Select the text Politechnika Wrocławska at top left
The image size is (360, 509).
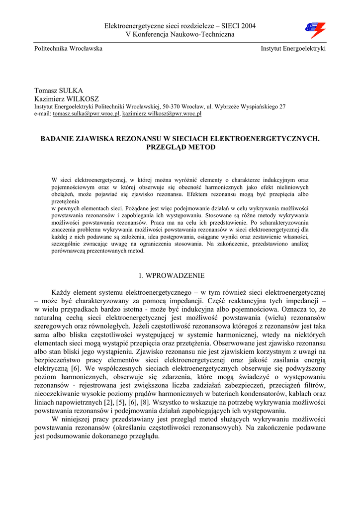[x=68, y=48]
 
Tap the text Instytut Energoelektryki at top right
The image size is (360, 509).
[x=293, y=48]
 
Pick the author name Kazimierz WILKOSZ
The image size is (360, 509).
[x=67, y=99]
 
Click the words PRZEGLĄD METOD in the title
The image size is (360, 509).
[x=180, y=147]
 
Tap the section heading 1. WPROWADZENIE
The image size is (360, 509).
[x=171, y=275]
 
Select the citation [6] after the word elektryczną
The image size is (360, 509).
[x=76, y=369]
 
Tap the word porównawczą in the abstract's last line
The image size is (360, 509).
[x=68, y=251]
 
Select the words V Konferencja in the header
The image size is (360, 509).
[x=147, y=34]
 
